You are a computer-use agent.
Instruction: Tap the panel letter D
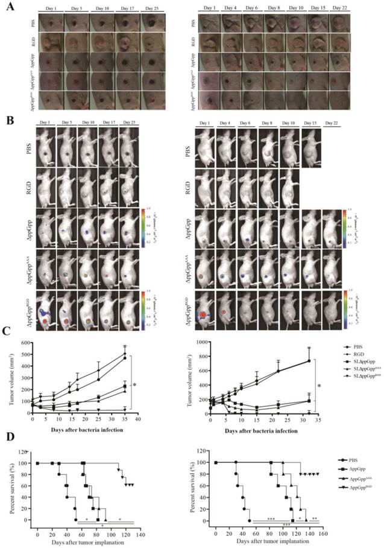click(8, 450)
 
